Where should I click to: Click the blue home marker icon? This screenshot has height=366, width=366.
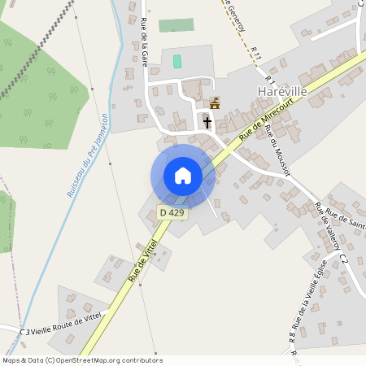(183, 176)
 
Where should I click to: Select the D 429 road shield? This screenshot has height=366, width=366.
(172, 213)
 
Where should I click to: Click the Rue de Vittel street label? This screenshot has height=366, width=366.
(142, 260)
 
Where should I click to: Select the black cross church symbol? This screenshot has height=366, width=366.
(207, 123)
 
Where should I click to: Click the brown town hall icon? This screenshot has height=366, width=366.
(215, 103)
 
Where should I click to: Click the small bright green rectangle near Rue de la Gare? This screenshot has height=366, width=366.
(177, 62)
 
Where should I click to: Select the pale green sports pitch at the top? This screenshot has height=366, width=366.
(176, 25)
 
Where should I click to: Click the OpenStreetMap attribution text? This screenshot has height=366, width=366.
(81, 360)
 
